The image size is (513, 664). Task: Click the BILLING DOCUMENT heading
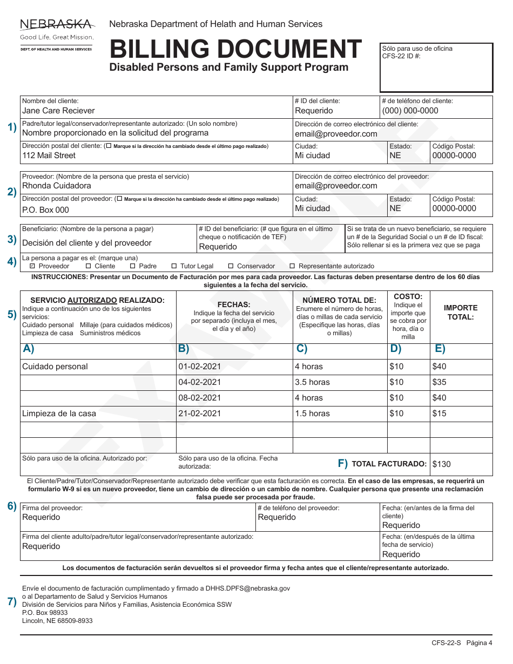click(x=235, y=50)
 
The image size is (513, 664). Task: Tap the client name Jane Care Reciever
click(x=58, y=111)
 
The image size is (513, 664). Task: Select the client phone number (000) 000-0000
click(x=410, y=111)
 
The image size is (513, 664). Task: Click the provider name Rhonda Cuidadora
click(x=57, y=186)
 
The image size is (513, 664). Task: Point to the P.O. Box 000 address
click(x=45, y=210)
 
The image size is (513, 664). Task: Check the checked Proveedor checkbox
click(x=32, y=266)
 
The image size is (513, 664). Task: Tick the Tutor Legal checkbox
click(x=174, y=266)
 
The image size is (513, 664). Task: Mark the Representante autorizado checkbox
click(x=293, y=266)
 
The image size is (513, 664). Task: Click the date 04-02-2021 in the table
click(x=200, y=382)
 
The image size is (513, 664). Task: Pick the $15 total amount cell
click(x=439, y=414)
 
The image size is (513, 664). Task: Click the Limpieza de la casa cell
click(x=59, y=414)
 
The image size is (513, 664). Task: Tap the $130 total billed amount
click(x=441, y=464)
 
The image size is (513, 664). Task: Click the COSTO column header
click(x=408, y=296)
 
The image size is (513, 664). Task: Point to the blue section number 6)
click(x=12, y=506)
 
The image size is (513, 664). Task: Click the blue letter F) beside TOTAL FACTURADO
click(x=343, y=463)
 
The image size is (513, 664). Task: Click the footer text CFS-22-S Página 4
click(x=462, y=643)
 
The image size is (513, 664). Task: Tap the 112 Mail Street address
click(x=49, y=155)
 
